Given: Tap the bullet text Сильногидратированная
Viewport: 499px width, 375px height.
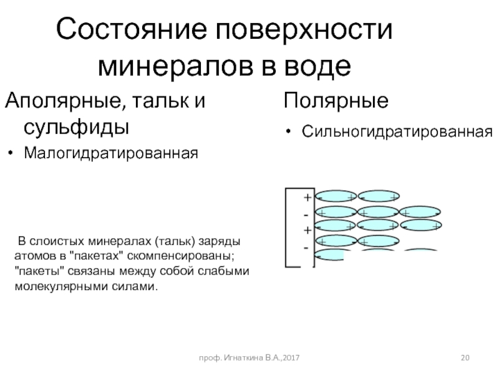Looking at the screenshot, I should coord(397,132).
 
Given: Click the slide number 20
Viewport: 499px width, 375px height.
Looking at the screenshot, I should coord(465,356).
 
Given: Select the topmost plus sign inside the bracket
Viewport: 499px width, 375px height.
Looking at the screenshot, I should coord(307,198).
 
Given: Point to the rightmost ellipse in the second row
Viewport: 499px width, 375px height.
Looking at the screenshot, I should coord(420,212).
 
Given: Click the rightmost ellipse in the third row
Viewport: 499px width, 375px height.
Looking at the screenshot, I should coord(421,226).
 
